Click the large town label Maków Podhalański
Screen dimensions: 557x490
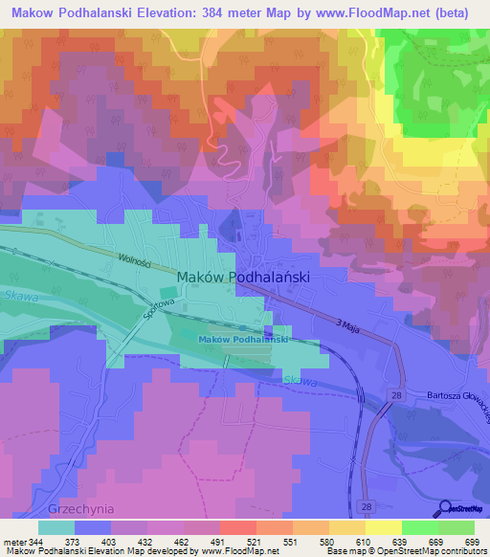click(x=244, y=276)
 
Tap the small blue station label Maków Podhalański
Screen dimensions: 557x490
click(x=243, y=340)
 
